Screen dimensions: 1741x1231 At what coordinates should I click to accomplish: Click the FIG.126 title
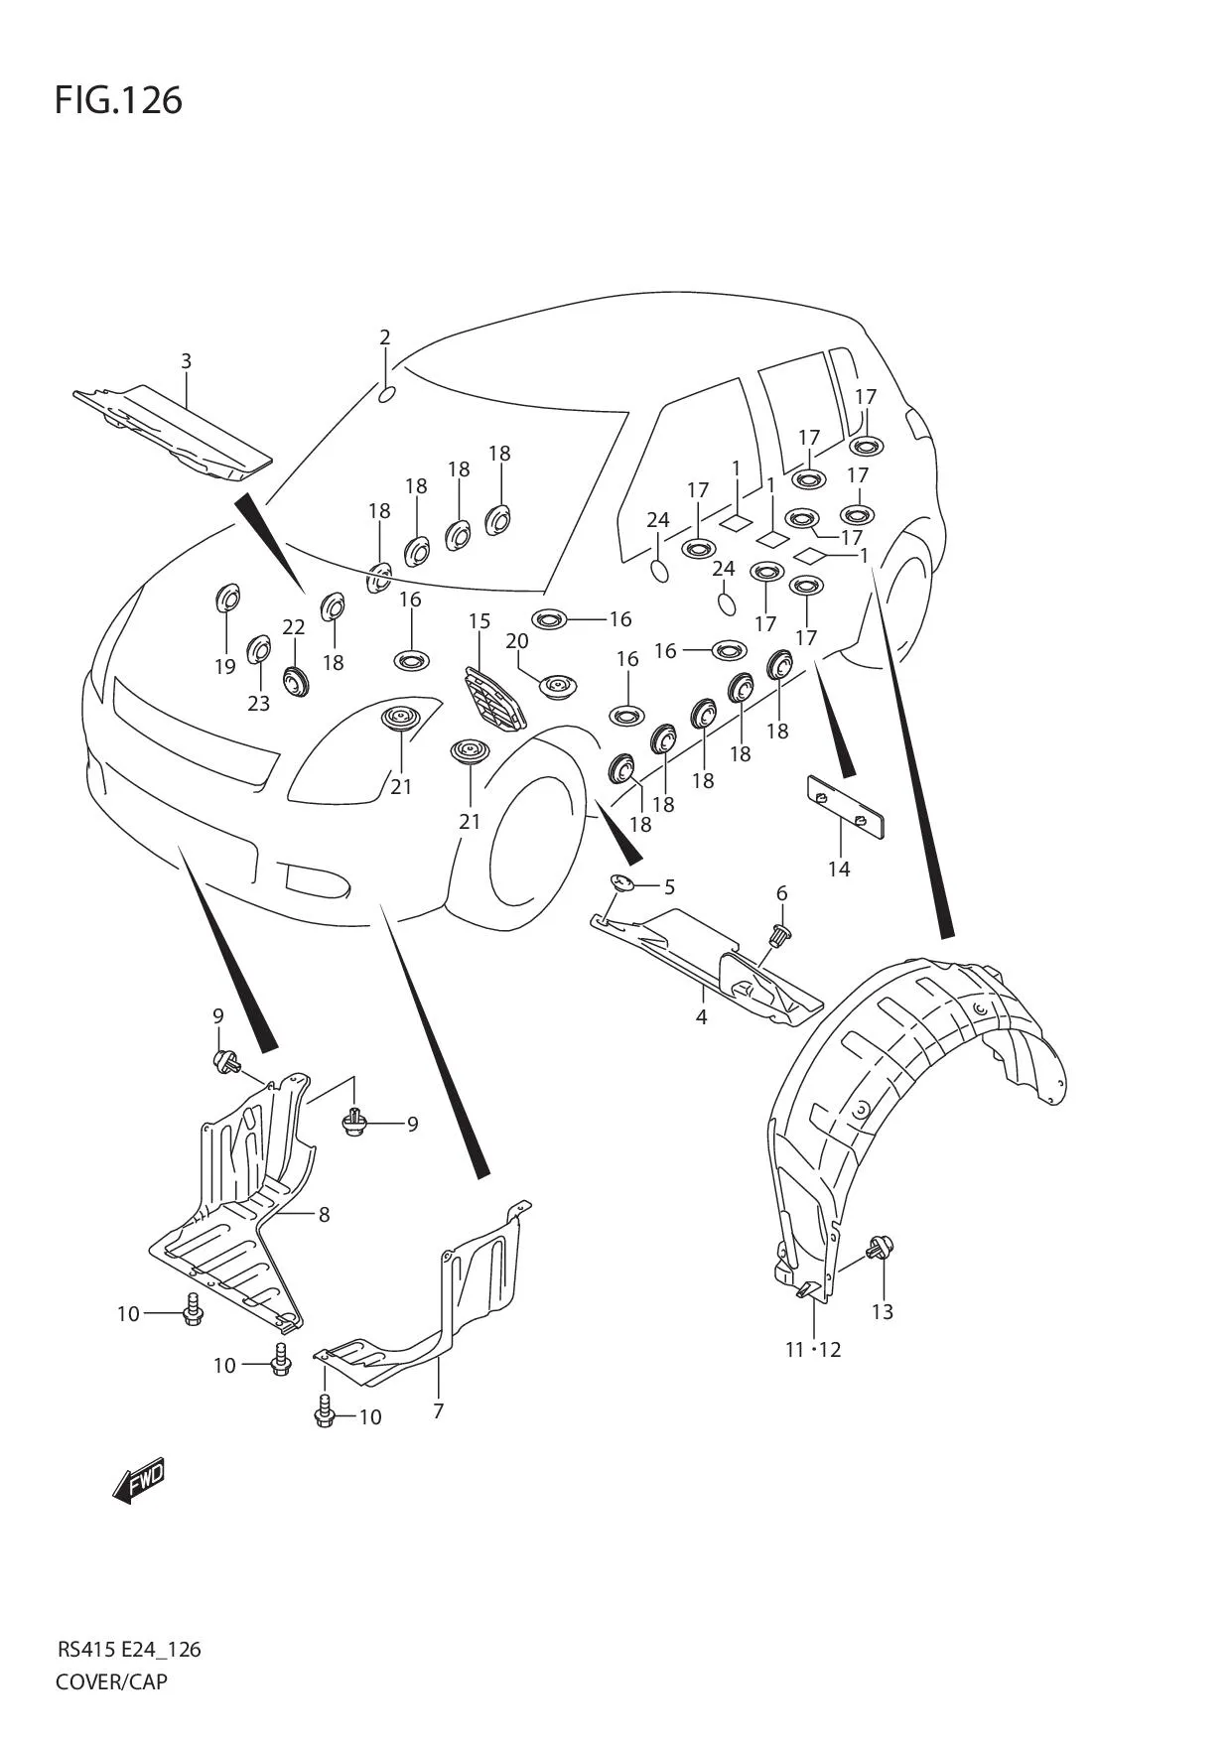118,100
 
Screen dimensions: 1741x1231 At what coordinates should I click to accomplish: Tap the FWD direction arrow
139,1481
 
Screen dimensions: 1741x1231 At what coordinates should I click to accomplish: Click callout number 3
186,361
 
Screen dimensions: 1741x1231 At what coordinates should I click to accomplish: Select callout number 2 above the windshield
385,337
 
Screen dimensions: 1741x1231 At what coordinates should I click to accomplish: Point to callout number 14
839,870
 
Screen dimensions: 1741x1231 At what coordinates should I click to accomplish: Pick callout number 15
479,621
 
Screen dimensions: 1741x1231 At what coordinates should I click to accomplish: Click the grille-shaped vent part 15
493,701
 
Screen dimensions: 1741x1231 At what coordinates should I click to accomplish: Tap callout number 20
516,641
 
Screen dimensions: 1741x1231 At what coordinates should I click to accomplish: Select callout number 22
293,627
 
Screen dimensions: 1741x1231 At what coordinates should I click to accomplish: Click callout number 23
258,704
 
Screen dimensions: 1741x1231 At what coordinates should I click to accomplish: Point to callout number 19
225,667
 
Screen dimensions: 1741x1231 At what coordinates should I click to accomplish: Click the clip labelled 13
879,1247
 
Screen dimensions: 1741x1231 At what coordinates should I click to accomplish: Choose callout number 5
669,886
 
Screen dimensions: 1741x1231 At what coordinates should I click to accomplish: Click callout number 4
701,1017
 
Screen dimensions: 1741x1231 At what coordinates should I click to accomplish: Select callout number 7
438,1410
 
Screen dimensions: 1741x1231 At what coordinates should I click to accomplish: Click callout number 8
324,1214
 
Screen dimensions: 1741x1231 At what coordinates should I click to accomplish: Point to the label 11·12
813,1350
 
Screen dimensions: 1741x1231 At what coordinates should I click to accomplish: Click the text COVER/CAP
111,1681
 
